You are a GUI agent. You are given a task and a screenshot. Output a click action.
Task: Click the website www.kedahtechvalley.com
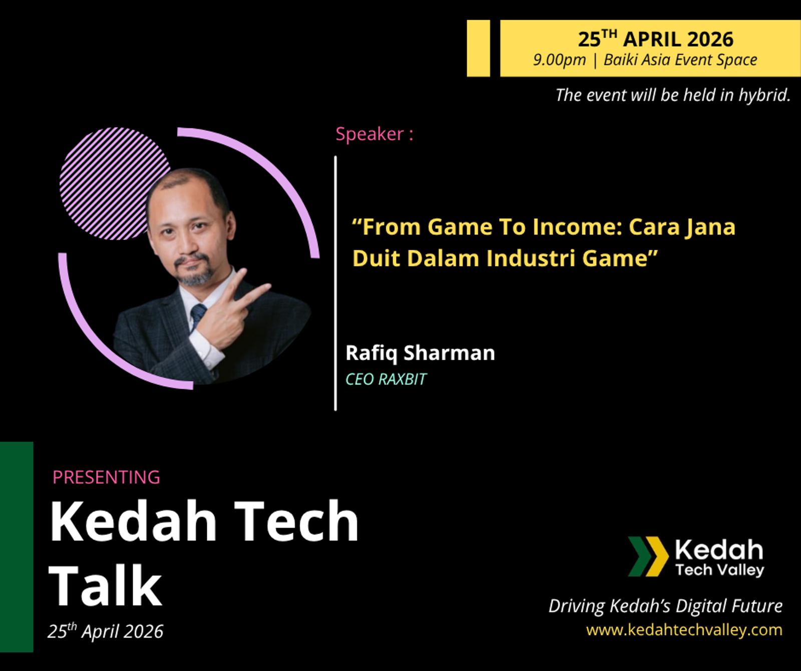point(684,629)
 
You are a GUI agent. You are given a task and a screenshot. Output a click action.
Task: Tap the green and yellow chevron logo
point(648,556)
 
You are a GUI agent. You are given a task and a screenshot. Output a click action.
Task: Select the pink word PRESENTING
point(106,477)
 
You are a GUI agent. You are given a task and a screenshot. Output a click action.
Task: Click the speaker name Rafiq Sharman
point(420,353)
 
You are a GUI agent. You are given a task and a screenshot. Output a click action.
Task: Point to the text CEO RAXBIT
point(386,379)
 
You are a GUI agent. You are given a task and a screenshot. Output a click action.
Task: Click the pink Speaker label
point(374,134)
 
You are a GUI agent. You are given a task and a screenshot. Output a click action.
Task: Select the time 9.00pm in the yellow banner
point(559,60)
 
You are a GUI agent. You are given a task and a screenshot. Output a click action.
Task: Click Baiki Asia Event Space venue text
point(680,60)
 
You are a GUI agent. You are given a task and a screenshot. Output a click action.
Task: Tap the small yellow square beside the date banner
point(478,48)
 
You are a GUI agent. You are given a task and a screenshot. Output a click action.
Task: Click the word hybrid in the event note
point(764,95)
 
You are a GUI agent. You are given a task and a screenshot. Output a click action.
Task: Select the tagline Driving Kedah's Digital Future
point(666,606)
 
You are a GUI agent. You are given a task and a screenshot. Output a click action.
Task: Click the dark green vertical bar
point(17,547)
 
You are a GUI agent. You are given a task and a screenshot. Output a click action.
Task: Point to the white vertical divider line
point(335,283)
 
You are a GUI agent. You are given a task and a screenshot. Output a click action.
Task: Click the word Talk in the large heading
point(106,584)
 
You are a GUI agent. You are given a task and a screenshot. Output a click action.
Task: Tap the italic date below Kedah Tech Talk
point(106,631)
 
